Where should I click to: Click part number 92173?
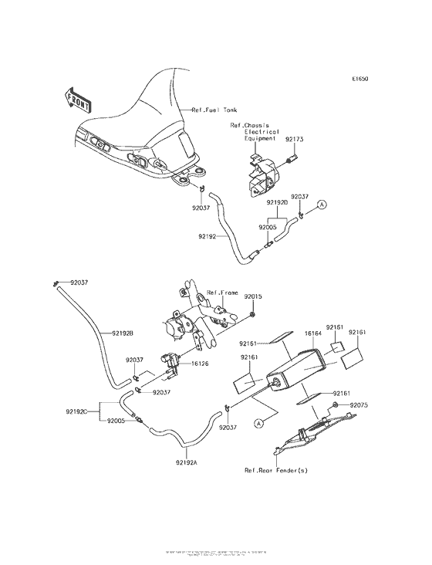[295, 140]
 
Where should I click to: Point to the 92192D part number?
[278, 202]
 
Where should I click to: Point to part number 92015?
[254, 296]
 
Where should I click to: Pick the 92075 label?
[360, 404]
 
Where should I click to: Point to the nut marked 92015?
[254, 315]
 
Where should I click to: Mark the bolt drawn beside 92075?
[336, 405]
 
